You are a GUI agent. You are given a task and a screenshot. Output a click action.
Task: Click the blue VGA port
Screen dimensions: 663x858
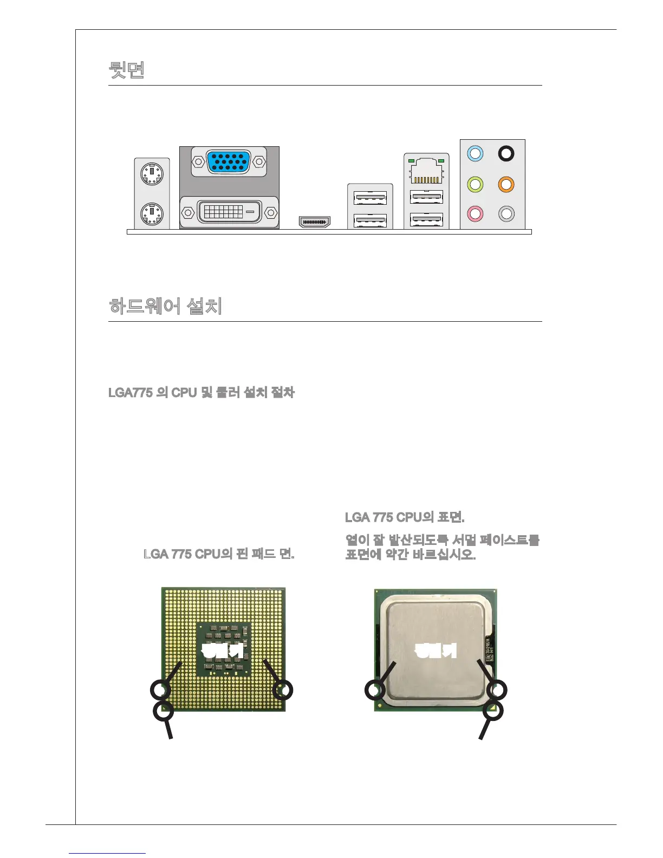(x=229, y=161)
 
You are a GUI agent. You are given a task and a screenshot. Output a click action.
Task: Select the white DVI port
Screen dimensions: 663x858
(x=229, y=211)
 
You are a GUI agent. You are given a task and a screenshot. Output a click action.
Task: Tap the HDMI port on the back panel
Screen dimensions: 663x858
(x=315, y=222)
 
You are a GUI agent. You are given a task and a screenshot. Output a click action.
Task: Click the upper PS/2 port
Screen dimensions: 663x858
(x=152, y=174)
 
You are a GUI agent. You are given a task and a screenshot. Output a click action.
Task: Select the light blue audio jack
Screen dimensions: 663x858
(x=475, y=154)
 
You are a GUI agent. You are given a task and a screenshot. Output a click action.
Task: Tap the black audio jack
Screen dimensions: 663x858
(x=506, y=154)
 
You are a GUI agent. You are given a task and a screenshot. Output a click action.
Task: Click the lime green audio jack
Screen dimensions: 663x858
(x=475, y=184)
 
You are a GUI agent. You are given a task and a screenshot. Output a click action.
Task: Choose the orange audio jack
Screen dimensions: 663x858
(x=506, y=184)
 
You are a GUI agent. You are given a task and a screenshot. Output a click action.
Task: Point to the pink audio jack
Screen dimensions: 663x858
(x=475, y=213)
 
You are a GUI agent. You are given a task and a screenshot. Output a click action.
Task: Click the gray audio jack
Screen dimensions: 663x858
(x=506, y=213)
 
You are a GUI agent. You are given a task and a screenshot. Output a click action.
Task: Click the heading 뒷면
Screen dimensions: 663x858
(x=127, y=70)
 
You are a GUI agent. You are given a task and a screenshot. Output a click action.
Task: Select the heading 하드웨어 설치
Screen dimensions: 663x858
(x=165, y=306)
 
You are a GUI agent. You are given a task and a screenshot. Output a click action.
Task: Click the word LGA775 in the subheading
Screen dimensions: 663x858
(x=131, y=392)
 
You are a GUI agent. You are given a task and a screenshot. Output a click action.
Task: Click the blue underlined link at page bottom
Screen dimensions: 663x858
(x=107, y=853)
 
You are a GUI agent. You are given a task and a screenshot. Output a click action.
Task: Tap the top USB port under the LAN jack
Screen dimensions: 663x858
(x=427, y=197)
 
